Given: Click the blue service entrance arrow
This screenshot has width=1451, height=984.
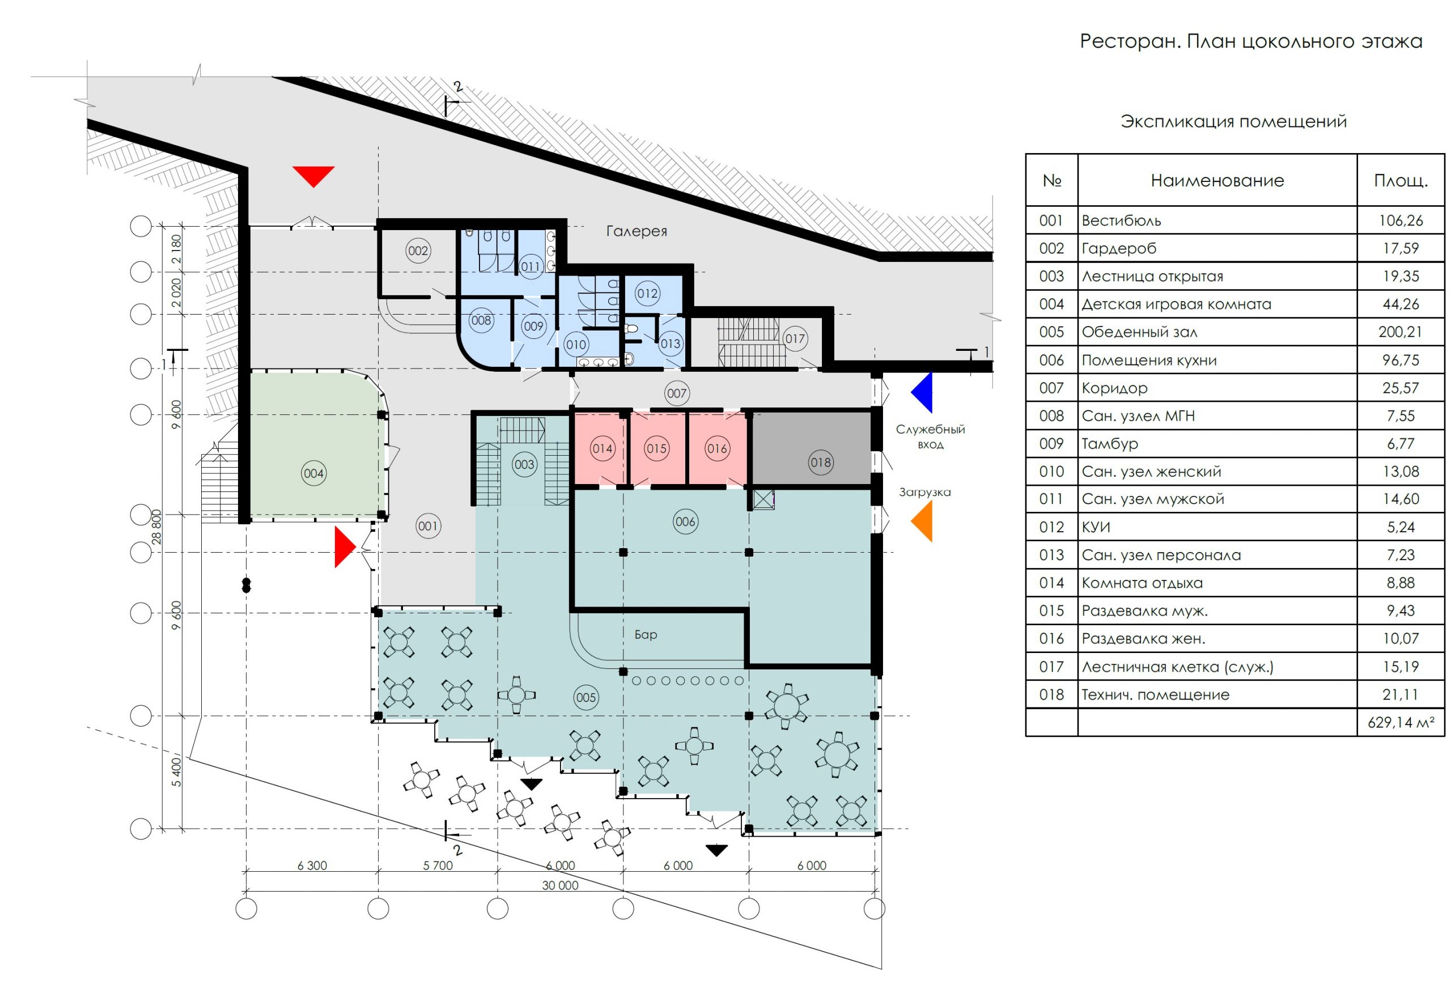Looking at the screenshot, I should (923, 392).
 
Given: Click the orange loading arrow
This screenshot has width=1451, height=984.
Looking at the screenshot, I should (923, 521).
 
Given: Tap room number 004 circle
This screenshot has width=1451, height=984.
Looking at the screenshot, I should (313, 473).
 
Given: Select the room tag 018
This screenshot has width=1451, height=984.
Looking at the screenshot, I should (820, 462).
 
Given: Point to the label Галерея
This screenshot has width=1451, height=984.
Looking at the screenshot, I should (636, 232).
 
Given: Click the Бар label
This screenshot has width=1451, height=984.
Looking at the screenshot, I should (646, 634).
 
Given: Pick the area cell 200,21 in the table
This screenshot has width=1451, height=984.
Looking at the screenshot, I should (1400, 332).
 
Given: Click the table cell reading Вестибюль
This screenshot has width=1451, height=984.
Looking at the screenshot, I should (1121, 221).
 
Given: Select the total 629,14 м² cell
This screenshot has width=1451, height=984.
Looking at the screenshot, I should (1400, 722).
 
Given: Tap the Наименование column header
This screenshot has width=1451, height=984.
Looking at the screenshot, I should (1217, 181).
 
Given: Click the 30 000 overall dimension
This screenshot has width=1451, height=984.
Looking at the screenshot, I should (560, 885).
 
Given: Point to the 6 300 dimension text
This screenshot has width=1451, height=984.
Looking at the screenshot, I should (312, 866).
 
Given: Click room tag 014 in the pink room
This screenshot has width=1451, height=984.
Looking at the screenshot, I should (603, 448).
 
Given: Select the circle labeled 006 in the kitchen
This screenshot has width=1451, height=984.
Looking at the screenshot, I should (685, 521).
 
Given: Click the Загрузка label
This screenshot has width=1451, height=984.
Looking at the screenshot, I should (924, 492).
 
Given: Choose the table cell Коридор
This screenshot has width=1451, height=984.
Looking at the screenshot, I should (1114, 388).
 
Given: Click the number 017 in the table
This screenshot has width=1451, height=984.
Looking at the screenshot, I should (1051, 667).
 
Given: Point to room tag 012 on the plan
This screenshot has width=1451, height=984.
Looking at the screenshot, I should (647, 294).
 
